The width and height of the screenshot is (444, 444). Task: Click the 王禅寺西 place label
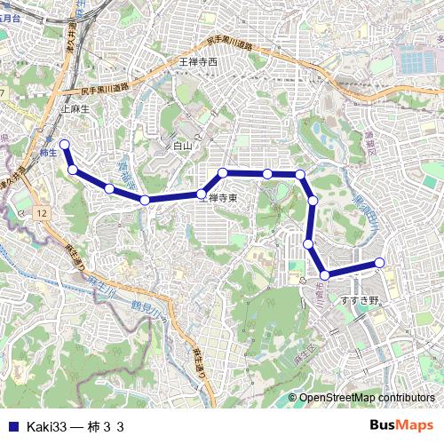pyautogui.click(x=198, y=62)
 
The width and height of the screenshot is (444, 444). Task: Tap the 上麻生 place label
pyautogui.click(x=75, y=108)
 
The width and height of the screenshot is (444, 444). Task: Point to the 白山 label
pyautogui.click(x=182, y=145)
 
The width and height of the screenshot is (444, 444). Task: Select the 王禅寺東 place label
pyautogui.click(x=219, y=198)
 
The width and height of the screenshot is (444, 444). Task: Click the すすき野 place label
pyautogui.click(x=360, y=300)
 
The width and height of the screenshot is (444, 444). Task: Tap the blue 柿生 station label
pyautogui.click(x=49, y=153)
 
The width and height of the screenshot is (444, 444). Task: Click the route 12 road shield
pyautogui.click(x=42, y=214)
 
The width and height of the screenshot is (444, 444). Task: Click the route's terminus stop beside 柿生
pyautogui.click(x=64, y=144)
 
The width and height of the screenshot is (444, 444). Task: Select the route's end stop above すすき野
pyautogui.click(x=379, y=262)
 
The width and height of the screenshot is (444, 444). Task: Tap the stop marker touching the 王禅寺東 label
pyautogui.click(x=202, y=194)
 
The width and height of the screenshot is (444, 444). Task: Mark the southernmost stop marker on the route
pyautogui.click(x=325, y=275)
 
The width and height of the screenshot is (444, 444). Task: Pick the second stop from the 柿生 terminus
pyautogui.click(x=73, y=170)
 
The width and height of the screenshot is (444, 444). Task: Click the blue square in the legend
pyautogui.click(x=12, y=427)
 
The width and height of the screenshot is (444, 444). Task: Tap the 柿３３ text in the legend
pyautogui.click(x=105, y=427)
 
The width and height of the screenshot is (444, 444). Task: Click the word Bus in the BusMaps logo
pyautogui.click(x=385, y=426)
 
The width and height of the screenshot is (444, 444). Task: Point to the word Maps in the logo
pyautogui.click(x=417, y=426)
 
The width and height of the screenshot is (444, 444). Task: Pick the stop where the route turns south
pyautogui.click(x=300, y=174)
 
